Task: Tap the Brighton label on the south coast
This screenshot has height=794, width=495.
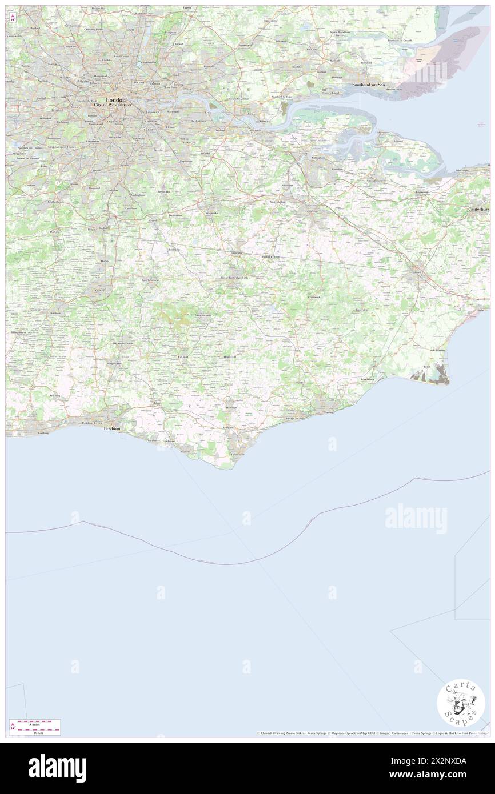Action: point(111,428)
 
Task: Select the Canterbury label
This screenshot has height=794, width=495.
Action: point(479,210)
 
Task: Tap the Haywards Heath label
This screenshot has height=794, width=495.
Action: point(122,343)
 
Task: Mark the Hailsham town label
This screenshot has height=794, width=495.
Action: point(231,407)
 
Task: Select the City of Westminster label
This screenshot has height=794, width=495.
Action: point(112,106)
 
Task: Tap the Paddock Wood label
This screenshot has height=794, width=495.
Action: point(272,257)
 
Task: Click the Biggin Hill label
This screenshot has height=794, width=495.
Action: point(165,192)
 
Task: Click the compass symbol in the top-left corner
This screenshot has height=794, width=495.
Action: point(13,18)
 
